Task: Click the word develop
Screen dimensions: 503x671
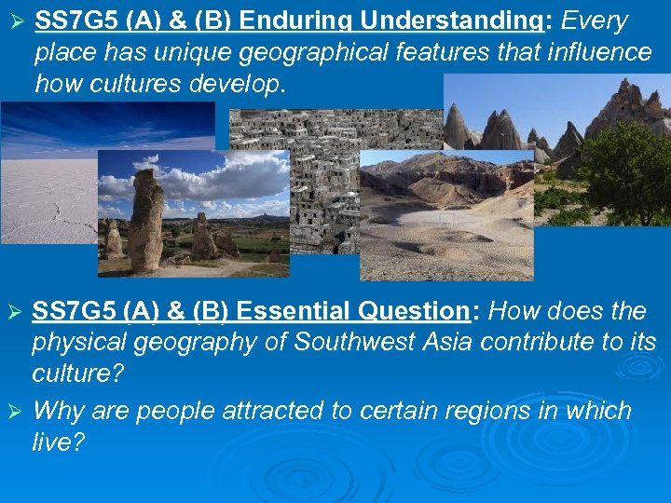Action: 236,85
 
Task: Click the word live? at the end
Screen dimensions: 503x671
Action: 58,442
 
